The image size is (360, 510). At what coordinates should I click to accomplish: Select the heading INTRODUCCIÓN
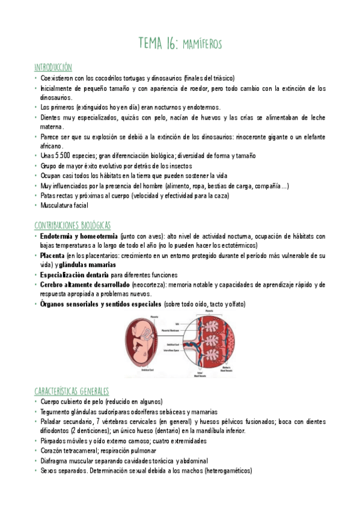pyautogui.click(x=53, y=67)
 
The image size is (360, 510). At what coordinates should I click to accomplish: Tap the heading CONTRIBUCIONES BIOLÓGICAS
pyautogui.click(x=72, y=225)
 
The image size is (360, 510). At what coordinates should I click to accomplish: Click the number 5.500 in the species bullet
pyautogui.click(x=64, y=155)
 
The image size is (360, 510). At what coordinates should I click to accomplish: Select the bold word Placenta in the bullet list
pyautogui.click(x=53, y=256)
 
